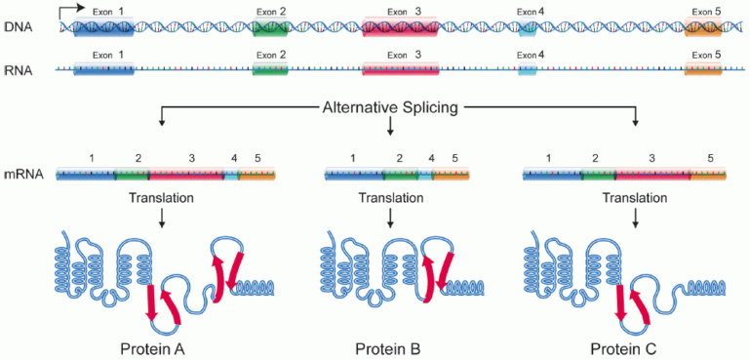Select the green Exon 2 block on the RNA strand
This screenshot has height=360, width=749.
pos(270,70)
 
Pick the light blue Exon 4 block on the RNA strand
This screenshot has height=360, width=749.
pos(527,70)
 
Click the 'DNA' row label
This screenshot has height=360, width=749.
pos(20,27)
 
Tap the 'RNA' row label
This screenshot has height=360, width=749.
pos(20,70)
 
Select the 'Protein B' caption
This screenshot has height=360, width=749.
pos(390,348)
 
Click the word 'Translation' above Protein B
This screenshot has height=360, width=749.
pos(390,198)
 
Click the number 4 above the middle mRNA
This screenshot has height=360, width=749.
pos(431,158)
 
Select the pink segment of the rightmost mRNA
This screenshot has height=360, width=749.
pos(652,175)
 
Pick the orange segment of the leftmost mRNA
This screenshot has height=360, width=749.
pos(256,175)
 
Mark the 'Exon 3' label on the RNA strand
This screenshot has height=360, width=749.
pos(403,56)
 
